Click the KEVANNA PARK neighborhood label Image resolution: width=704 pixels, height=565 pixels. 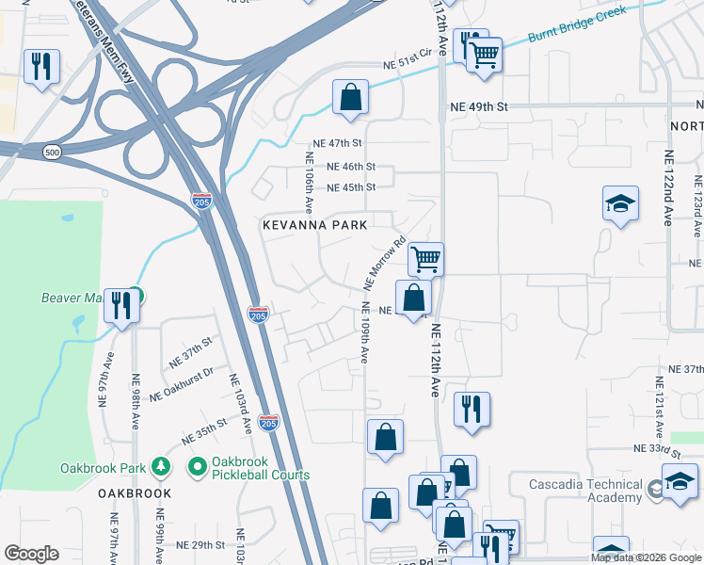pyautogui.click(x=315, y=225)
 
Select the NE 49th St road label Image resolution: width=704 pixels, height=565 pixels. pyautogui.click(x=478, y=107)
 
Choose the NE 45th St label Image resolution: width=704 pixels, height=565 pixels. pyautogui.click(x=350, y=187)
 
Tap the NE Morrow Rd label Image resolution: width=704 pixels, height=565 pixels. pyautogui.click(x=384, y=263)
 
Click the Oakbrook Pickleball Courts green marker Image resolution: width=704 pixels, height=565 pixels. pyautogui.click(x=198, y=466)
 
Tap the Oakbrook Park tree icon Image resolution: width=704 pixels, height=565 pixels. pyautogui.click(x=161, y=467)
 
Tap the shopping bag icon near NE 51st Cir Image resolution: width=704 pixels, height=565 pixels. pyautogui.click(x=350, y=97)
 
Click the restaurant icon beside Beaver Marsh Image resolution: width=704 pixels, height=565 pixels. pyautogui.click(x=120, y=305)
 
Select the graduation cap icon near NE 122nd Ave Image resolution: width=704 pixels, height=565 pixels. pyautogui.click(x=620, y=203)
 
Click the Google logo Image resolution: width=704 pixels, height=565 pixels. pyautogui.click(x=31, y=554)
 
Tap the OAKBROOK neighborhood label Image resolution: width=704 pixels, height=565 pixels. pyautogui.click(x=135, y=493)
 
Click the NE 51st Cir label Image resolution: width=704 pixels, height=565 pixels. pyautogui.click(x=407, y=63)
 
